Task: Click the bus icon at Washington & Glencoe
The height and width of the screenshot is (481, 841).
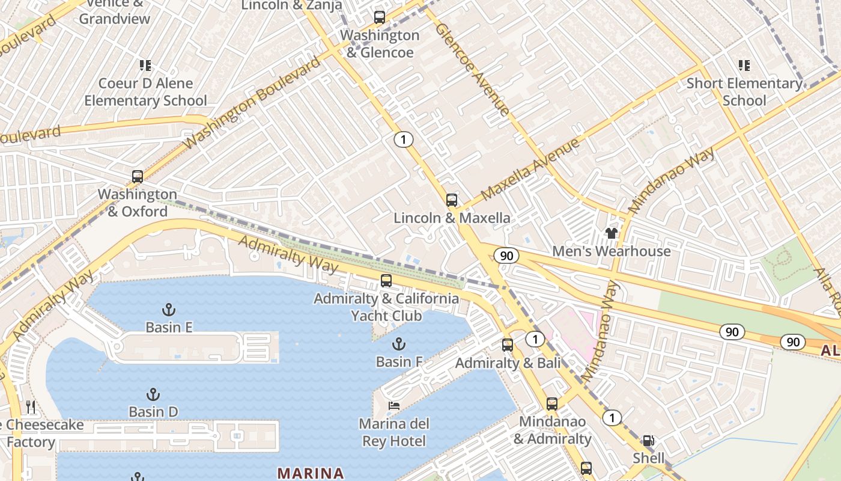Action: (x=379, y=17)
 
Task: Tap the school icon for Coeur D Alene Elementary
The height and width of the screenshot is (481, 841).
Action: (x=145, y=65)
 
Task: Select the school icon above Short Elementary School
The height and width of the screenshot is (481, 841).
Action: (x=744, y=65)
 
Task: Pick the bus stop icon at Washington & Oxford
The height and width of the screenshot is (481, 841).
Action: (x=138, y=177)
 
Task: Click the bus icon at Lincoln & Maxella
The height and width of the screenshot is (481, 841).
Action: (x=451, y=200)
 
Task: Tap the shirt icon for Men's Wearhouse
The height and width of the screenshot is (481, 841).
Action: (x=611, y=233)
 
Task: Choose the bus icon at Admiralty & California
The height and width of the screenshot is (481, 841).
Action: (x=386, y=281)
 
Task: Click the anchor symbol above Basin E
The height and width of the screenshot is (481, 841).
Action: (x=169, y=310)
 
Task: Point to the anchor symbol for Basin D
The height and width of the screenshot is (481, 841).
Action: (x=153, y=394)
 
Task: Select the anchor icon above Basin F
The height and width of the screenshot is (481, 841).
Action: (x=398, y=344)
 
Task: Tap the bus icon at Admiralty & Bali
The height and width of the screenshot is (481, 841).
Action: (x=508, y=345)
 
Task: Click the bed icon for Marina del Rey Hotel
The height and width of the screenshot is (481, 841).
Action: (x=394, y=406)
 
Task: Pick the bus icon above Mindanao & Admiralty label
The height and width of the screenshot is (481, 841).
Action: (x=551, y=404)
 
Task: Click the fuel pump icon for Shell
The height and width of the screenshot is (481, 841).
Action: (x=648, y=441)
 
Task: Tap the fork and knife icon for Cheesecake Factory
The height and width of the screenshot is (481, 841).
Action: (x=31, y=408)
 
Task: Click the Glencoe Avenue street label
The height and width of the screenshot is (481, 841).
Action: (x=472, y=69)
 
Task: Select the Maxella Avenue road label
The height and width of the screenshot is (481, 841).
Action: (x=530, y=169)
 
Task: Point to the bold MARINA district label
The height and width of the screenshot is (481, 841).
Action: (x=311, y=473)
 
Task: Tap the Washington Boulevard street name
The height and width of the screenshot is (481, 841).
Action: (x=253, y=103)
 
